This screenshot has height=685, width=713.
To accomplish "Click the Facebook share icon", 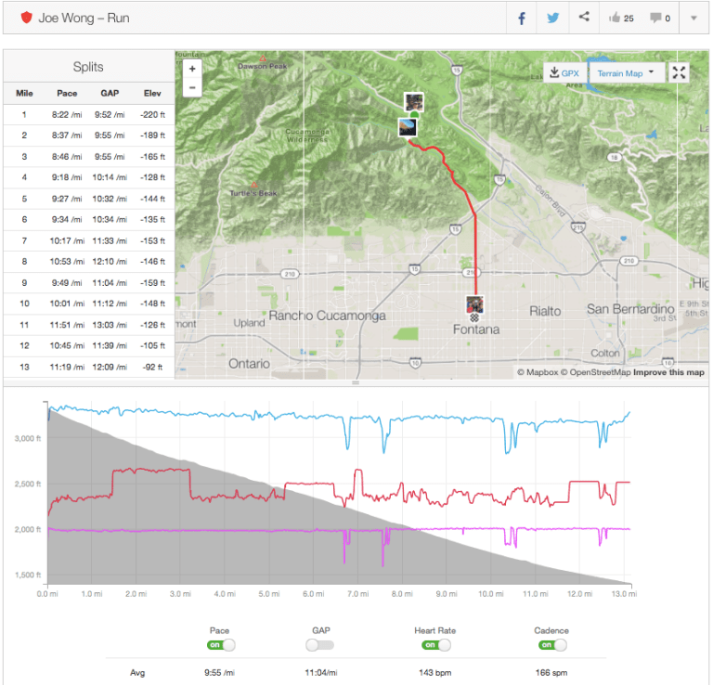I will [523, 18].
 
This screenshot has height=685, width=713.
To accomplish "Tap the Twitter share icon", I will [553, 18].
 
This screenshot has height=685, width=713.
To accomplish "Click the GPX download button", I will [564, 72].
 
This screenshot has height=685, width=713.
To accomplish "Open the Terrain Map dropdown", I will [627, 72].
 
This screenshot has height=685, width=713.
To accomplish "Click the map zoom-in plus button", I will [192, 69].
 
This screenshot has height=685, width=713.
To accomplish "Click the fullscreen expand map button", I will [680, 72].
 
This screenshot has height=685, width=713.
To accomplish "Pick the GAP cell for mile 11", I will [110, 325].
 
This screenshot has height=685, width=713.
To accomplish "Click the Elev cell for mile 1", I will [152, 115].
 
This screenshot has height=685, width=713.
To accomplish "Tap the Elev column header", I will [152, 93].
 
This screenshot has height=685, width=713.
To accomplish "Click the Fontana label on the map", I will [475, 330].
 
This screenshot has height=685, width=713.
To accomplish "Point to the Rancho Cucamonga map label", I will [320, 315].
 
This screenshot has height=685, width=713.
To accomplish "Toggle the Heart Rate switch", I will [434, 645].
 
